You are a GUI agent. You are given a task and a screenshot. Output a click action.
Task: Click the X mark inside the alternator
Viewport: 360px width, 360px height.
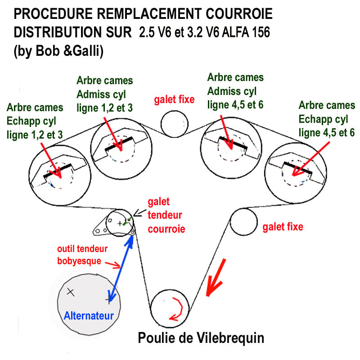tap(70, 291)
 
